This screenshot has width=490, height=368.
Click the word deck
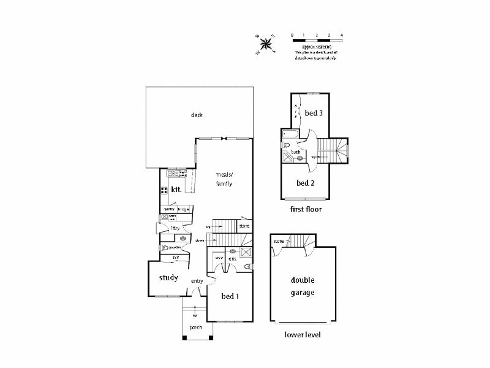pyautogui.click(x=196, y=115)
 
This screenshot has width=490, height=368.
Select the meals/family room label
pyautogui.click(x=224, y=179)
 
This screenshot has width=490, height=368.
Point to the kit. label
pyautogui.click(x=176, y=190)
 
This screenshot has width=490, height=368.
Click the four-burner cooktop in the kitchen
pyautogui.click(x=164, y=190)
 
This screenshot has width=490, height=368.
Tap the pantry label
pyautogui.click(x=169, y=209)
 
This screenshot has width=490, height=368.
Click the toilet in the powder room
pyautogui.click(x=164, y=248)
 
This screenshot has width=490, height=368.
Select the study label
pyautogui.click(x=168, y=278)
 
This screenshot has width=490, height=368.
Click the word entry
pyautogui.click(x=197, y=282)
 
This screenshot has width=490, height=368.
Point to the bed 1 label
pyautogui.click(x=230, y=296)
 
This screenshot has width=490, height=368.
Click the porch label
pyautogui.click(x=195, y=328)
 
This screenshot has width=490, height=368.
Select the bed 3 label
pyautogui.click(x=314, y=113)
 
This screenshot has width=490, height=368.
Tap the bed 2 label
pyautogui.click(x=305, y=183)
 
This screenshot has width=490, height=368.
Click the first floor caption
pyautogui.click(x=306, y=209)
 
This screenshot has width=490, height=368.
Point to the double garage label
pyautogui.click(x=303, y=287)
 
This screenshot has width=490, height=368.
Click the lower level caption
pyautogui.click(x=303, y=335)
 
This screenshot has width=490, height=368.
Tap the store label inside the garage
pyautogui.click(x=279, y=242)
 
